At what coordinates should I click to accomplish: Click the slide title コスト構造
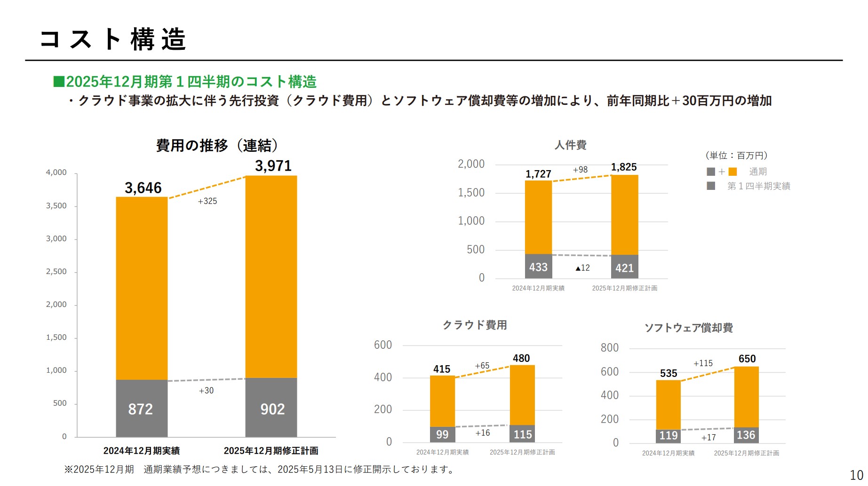113,39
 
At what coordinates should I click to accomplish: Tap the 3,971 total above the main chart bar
273,166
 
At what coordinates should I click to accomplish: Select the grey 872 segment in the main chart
141,408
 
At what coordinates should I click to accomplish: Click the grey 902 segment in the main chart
271,408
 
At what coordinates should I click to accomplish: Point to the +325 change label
207,201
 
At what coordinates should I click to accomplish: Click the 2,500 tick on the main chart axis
56,272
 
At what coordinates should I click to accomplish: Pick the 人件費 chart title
570,145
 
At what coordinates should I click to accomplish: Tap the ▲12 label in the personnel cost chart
582,268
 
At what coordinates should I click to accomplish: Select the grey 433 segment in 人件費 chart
538,267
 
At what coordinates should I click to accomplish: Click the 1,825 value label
624,167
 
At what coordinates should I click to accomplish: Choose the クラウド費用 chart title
475,325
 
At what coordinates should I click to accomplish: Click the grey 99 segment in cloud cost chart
442,434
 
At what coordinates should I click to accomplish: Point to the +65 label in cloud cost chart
482,366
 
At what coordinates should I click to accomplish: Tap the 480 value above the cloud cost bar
521,358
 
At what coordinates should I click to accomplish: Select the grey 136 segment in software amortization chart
746,435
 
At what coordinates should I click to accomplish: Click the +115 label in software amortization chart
703,363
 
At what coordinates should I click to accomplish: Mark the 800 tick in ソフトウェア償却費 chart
609,348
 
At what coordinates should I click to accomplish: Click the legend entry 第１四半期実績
758,186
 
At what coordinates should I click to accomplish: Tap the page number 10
856,475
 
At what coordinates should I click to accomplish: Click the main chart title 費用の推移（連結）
217,145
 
